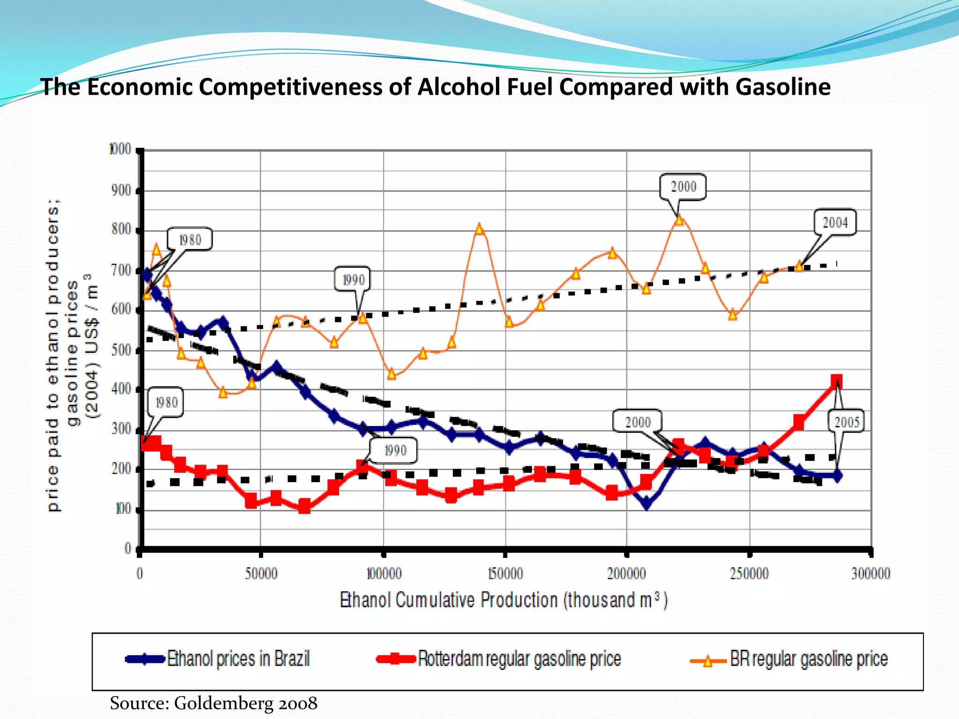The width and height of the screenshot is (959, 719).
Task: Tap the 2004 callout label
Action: pos(835,223)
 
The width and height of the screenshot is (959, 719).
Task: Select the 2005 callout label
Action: pos(847,422)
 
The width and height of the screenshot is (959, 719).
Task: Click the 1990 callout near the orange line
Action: pos(353,280)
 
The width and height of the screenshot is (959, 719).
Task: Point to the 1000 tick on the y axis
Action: pos(120,149)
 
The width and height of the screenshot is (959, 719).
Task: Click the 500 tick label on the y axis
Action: pos(121,350)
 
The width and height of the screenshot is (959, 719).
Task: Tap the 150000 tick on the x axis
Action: pos(505,573)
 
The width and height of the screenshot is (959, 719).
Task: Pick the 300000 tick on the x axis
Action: pos(870,573)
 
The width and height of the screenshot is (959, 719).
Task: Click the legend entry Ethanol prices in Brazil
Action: pos(238,659)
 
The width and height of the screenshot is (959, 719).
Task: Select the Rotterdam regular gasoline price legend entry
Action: pos(519,659)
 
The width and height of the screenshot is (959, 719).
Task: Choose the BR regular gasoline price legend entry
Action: pos(808,659)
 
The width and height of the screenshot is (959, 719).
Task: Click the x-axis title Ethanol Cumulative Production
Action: pos(503,600)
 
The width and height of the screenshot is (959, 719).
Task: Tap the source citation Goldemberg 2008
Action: pos(214,703)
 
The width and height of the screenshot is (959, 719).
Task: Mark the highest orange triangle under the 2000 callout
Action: pos(679,219)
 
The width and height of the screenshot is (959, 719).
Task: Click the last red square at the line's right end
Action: pos(837,382)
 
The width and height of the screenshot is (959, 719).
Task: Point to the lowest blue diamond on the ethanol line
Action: pos(646,504)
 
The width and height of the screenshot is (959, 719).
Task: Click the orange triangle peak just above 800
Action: pos(479,229)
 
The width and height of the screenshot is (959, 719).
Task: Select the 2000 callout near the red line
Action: pos(638,422)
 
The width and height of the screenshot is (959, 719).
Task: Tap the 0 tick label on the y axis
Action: pos(127,548)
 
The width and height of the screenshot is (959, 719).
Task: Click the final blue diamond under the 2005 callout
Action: pos(837,476)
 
